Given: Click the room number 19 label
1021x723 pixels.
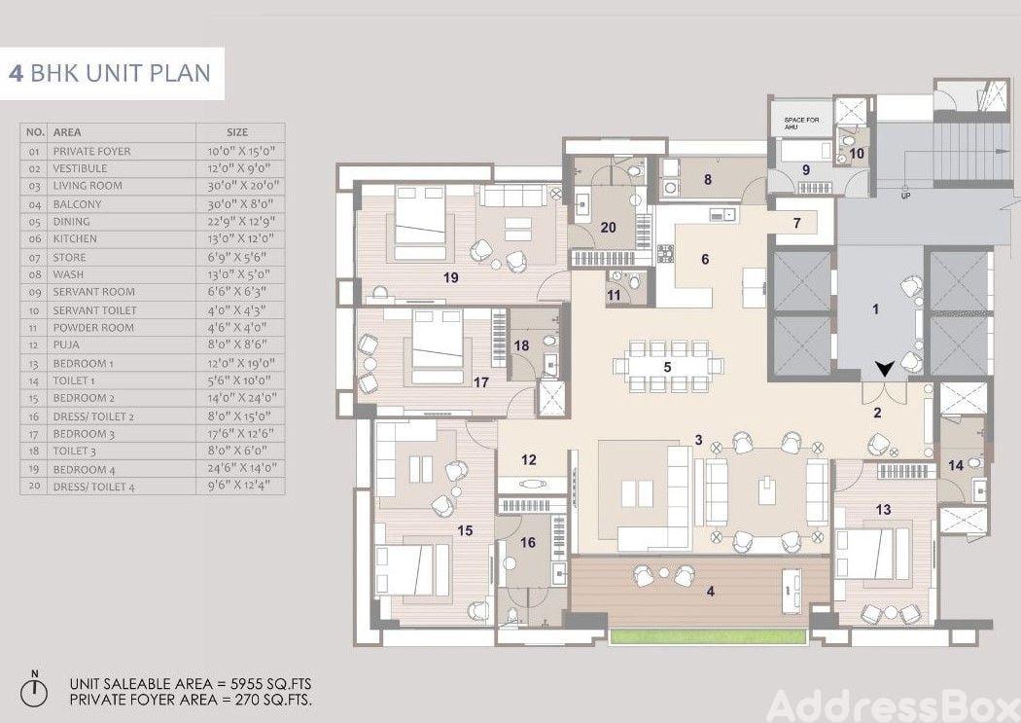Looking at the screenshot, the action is pos(450,277).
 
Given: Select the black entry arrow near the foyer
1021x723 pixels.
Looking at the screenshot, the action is pos(884,370).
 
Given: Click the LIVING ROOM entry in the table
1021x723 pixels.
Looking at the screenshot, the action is pos(88,186).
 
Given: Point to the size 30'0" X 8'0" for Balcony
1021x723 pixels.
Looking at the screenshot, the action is pos(240,204).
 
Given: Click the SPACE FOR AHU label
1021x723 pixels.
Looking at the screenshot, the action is pos(801,124).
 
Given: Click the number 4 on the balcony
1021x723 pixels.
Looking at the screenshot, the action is pos(711,592).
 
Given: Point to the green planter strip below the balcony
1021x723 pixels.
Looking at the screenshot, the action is pos(709,636).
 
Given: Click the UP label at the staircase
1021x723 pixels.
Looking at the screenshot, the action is pos(905,196).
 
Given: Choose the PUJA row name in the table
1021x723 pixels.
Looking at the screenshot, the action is pos(66,345).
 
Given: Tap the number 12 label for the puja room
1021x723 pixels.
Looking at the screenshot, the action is pos(529,460).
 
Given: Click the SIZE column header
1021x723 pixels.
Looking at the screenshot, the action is pos(237,132).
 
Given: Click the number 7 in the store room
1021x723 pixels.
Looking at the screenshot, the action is pos(796,223).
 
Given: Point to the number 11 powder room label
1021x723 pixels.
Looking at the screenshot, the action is pos(614,295).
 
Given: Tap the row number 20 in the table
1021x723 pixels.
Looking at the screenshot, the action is pos(34,487).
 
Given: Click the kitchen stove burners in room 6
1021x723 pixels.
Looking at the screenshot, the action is pos(665,253).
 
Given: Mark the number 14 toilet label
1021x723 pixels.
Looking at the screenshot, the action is pos(956,465).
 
